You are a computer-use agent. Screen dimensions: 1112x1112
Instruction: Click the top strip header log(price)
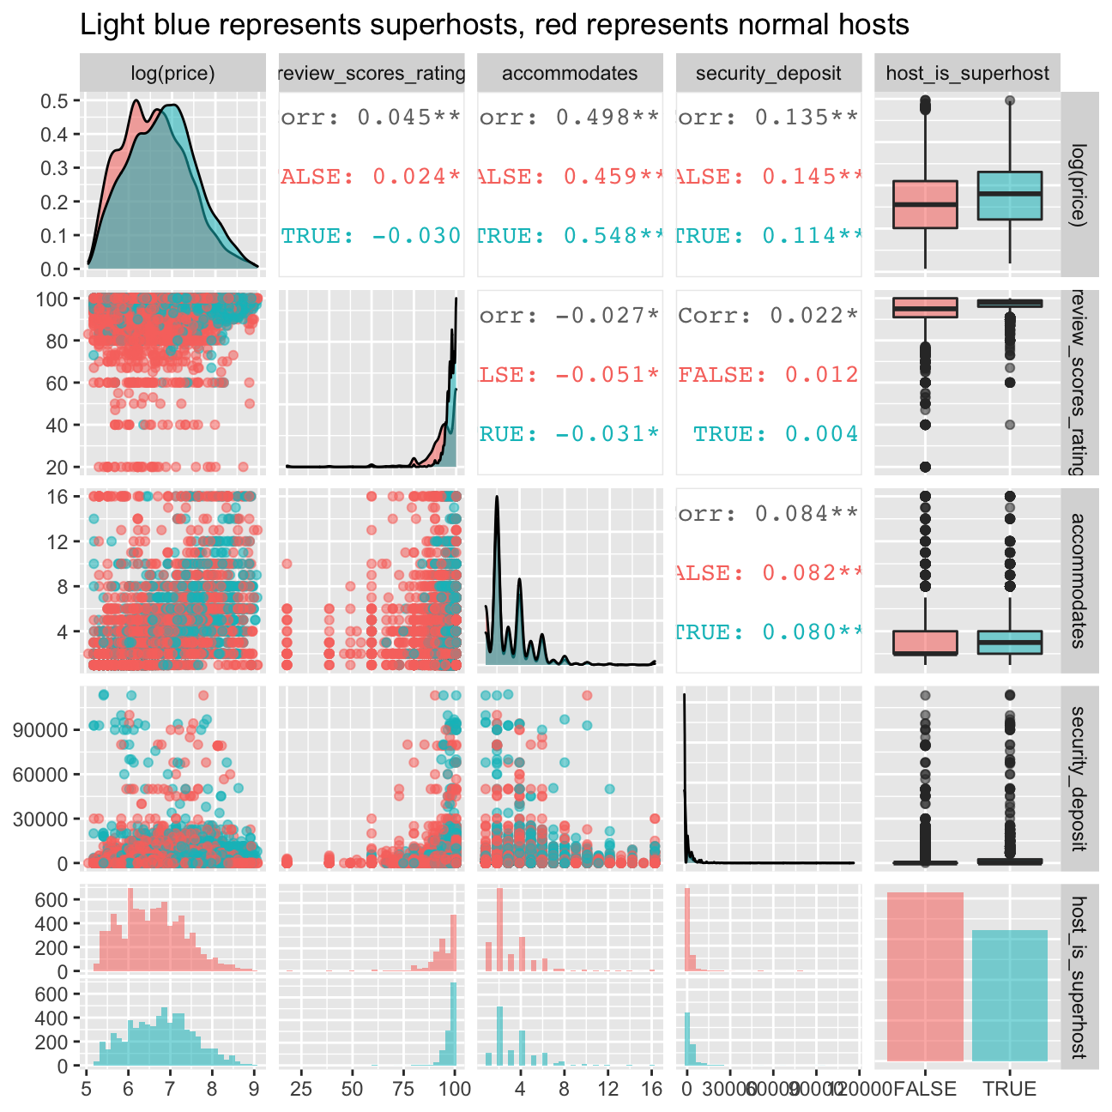tap(172, 73)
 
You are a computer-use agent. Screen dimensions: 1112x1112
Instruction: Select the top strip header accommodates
tap(570, 73)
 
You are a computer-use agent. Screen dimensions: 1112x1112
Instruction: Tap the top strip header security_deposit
tap(768, 73)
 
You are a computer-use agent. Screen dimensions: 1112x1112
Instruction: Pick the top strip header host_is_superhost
tap(967, 73)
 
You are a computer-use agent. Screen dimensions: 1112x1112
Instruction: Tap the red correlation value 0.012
tap(821, 374)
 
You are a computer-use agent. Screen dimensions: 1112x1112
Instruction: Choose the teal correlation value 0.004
tap(821, 433)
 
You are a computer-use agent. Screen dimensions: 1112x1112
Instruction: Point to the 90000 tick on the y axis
tap(40, 730)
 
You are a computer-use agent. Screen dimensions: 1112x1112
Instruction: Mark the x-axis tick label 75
tap(403, 1090)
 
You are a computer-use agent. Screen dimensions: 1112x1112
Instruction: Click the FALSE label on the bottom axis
tap(924, 1090)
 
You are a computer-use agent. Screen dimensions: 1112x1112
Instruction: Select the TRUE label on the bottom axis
tap(1010, 1090)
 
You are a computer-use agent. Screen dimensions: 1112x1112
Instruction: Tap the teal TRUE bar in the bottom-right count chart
tap(1010, 995)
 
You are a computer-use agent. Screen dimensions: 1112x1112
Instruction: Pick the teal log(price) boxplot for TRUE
tap(1010, 196)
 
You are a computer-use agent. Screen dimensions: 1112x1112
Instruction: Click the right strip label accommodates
tap(1079, 580)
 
